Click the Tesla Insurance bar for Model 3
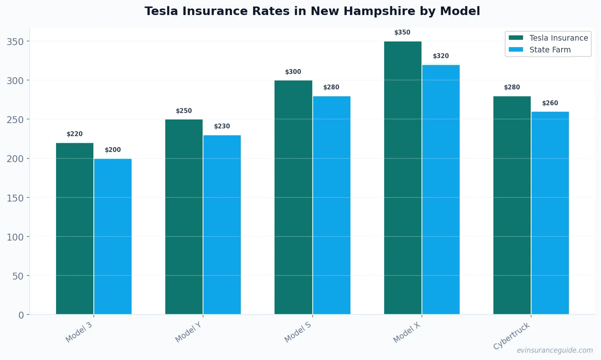click(75, 228)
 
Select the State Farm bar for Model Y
click(222, 225)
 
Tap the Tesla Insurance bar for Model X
click(403, 178)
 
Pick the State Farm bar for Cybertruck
click(550, 213)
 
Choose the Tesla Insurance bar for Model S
click(293, 197)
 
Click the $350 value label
click(402, 33)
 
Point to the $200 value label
click(113, 150)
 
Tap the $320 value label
click(441, 56)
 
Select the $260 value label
click(550, 103)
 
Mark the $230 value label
click(222, 126)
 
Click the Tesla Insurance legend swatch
click(516, 38)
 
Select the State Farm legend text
click(550, 50)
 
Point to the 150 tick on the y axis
click(15, 198)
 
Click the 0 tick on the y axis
click(21, 315)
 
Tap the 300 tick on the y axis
click(15, 81)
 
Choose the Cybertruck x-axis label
click(512, 336)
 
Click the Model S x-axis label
click(298, 332)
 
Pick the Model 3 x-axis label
click(79, 332)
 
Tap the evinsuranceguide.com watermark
click(555, 350)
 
